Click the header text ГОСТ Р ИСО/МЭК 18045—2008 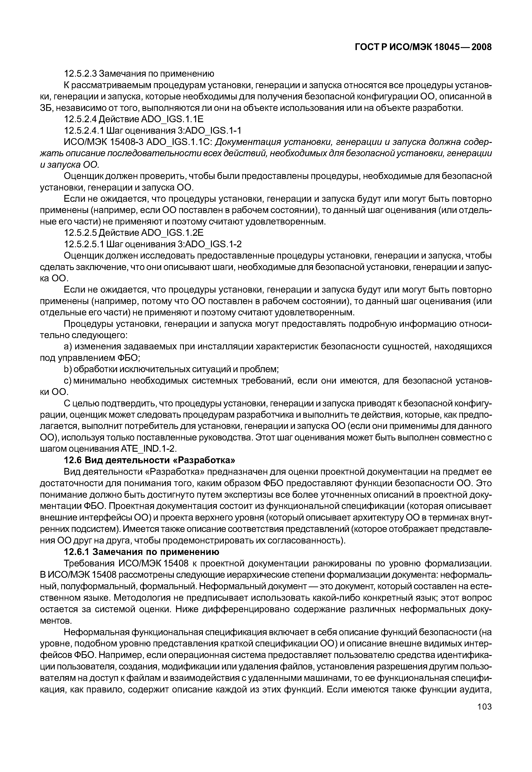(x=423, y=47)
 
